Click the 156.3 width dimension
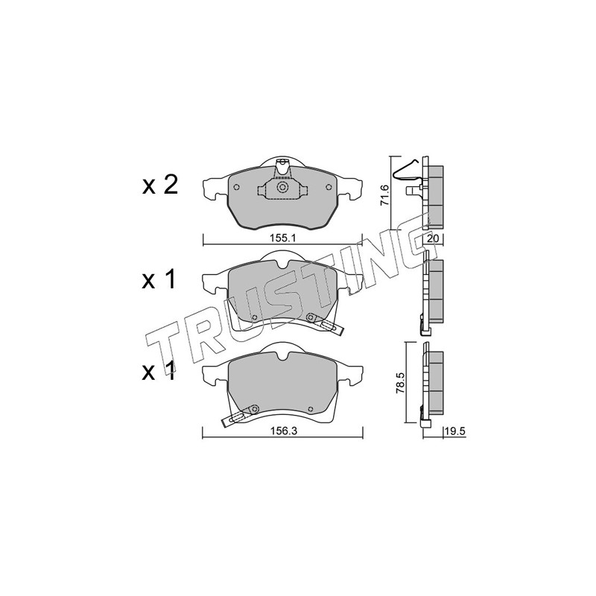click(283, 431)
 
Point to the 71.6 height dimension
click(384, 194)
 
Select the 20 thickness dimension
click(434, 238)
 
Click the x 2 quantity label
click(160, 186)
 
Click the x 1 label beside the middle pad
click(159, 280)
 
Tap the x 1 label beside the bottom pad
click(159, 371)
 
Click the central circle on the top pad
click(282, 187)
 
